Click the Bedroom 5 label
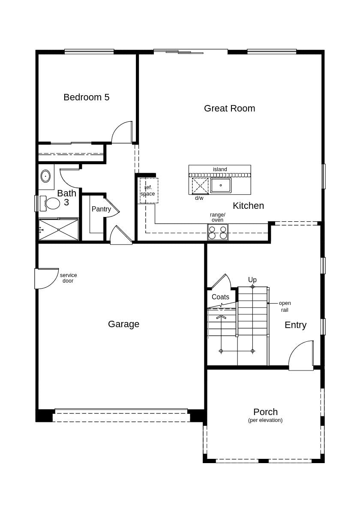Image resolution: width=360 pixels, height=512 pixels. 86,97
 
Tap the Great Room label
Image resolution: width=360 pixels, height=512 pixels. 229,108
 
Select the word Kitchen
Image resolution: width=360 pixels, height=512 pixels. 248,206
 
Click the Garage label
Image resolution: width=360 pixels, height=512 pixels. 123,324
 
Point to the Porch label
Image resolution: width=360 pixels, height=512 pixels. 265,412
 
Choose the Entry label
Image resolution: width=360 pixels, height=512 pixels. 295,325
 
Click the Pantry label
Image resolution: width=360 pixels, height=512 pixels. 101,209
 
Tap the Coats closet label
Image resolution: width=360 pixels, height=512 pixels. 220,297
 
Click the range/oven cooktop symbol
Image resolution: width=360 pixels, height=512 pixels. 218,232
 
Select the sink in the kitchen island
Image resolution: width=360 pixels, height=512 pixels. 221,185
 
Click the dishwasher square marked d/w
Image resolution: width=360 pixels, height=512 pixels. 200,186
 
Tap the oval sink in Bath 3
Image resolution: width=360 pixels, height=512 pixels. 45,176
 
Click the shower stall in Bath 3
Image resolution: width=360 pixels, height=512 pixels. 59,230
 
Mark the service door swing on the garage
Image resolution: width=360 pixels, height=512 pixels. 46,278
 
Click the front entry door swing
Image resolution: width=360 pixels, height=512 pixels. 301,356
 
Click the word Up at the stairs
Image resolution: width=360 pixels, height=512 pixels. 252,280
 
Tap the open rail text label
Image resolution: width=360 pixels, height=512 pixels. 285,306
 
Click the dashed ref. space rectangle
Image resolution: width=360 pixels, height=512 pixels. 149,190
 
